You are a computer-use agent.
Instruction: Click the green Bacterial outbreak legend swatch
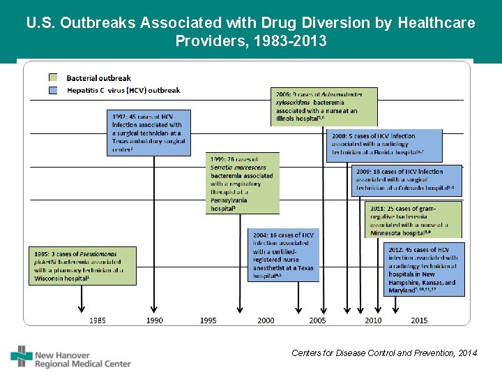(53, 77)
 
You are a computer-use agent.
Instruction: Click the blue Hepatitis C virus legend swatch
(53, 90)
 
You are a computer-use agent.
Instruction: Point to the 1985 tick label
(98, 320)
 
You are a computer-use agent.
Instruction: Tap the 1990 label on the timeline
(155, 320)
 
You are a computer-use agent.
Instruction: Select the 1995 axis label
(208, 320)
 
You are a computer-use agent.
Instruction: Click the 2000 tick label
(266, 320)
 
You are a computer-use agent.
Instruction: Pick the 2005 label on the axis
(318, 320)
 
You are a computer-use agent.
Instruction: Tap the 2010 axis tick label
(373, 320)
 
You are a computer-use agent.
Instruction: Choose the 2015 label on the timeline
(419, 320)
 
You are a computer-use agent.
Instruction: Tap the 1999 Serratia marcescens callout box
(243, 183)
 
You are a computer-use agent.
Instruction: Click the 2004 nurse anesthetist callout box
(284, 255)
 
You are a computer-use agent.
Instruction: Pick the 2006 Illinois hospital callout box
(324, 106)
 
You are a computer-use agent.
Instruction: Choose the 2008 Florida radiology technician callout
(383, 145)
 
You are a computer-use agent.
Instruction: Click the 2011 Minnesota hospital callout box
(413, 220)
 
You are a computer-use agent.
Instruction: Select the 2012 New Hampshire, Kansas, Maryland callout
(423, 269)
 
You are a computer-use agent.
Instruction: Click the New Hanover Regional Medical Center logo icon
(22, 356)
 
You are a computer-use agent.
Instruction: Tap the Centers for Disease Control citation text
(384, 353)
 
